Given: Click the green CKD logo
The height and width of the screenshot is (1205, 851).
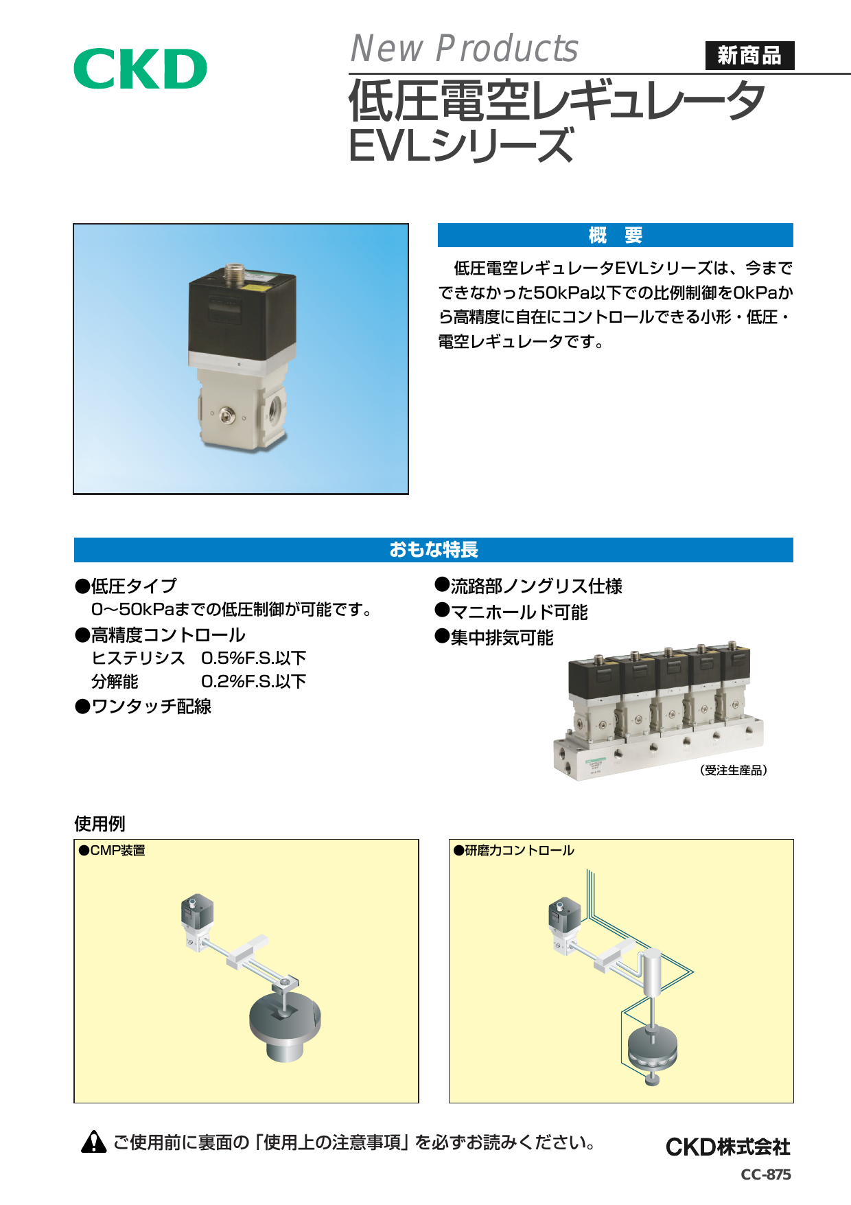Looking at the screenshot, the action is [x=140, y=69].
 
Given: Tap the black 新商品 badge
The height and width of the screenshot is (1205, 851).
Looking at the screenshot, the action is [x=749, y=56].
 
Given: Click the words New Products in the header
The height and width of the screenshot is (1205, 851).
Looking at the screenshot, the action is [x=465, y=49].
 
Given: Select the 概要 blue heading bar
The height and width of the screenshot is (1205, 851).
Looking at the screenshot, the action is [x=615, y=236].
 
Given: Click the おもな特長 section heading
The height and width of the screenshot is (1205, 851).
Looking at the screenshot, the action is [x=434, y=550].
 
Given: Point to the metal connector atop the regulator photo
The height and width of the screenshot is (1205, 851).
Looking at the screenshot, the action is [x=235, y=273].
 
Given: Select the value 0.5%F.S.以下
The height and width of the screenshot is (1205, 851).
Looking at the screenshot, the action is [x=253, y=658].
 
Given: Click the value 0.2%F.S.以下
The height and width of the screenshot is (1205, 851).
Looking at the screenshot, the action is [x=253, y=681].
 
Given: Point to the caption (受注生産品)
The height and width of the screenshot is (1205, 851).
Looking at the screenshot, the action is [x=733, y=770].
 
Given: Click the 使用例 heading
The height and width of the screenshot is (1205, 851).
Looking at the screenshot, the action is [x=100, y=823].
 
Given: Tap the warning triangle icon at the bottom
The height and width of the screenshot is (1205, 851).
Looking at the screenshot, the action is [x=93, y=1142].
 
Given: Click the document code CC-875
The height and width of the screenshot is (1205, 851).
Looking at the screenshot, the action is [x=766, y=1174].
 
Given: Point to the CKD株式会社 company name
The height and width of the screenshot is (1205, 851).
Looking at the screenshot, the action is [x=728, y=1147].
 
